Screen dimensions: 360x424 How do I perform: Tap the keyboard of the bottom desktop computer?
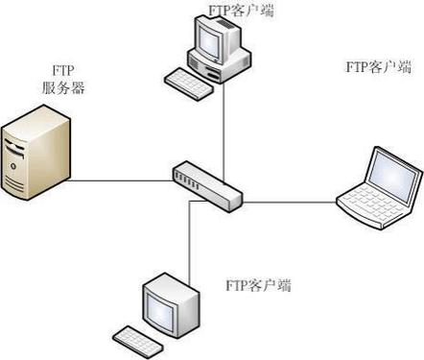pyautogui.click(x=140, y=339)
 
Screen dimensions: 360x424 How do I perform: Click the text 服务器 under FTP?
pyautogui.click(x=63, y=87)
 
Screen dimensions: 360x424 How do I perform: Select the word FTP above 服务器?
pyautogui.click(x=62, y=70)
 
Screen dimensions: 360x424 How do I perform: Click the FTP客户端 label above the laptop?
pyautogui.click(x=378, y=66)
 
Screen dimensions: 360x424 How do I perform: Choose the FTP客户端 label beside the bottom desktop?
pyautogui.click(x=258, y=285)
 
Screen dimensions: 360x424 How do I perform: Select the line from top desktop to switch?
pyautogui.click(x=224, y=125)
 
